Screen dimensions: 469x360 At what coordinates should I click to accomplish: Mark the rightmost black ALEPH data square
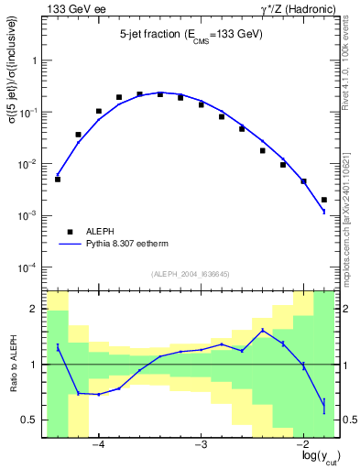(324, 200)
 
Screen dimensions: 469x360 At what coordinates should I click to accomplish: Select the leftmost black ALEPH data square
(58, 180)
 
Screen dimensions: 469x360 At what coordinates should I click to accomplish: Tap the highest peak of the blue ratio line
(263, 330)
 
